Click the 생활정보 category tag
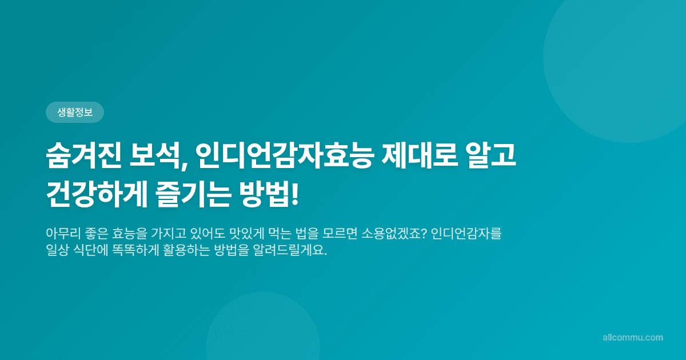74,113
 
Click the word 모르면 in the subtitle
342,234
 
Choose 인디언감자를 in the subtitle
466,234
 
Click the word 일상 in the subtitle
57,251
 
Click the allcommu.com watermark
633,338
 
